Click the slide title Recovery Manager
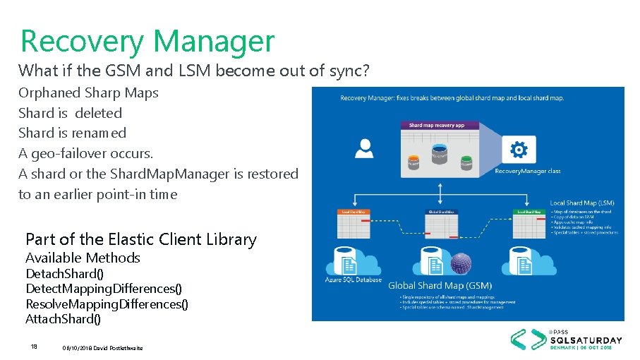click(x=147, y=41)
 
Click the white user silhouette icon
click(x=365, y=148)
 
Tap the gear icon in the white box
click(x=518, y=150)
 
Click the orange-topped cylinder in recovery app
click(x=413, y=161)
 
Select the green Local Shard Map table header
click(x=529, y=212)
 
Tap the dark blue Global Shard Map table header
click(x=441, y=212)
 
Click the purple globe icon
click(x=461, y=264)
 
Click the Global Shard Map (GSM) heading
click(x=439, y=285)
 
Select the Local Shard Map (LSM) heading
click(x=582, y=203)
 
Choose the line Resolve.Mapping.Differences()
click(x=107, y=304)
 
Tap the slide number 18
click(x=34, y=347)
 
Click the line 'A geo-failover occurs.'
click(x=85, y=153)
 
